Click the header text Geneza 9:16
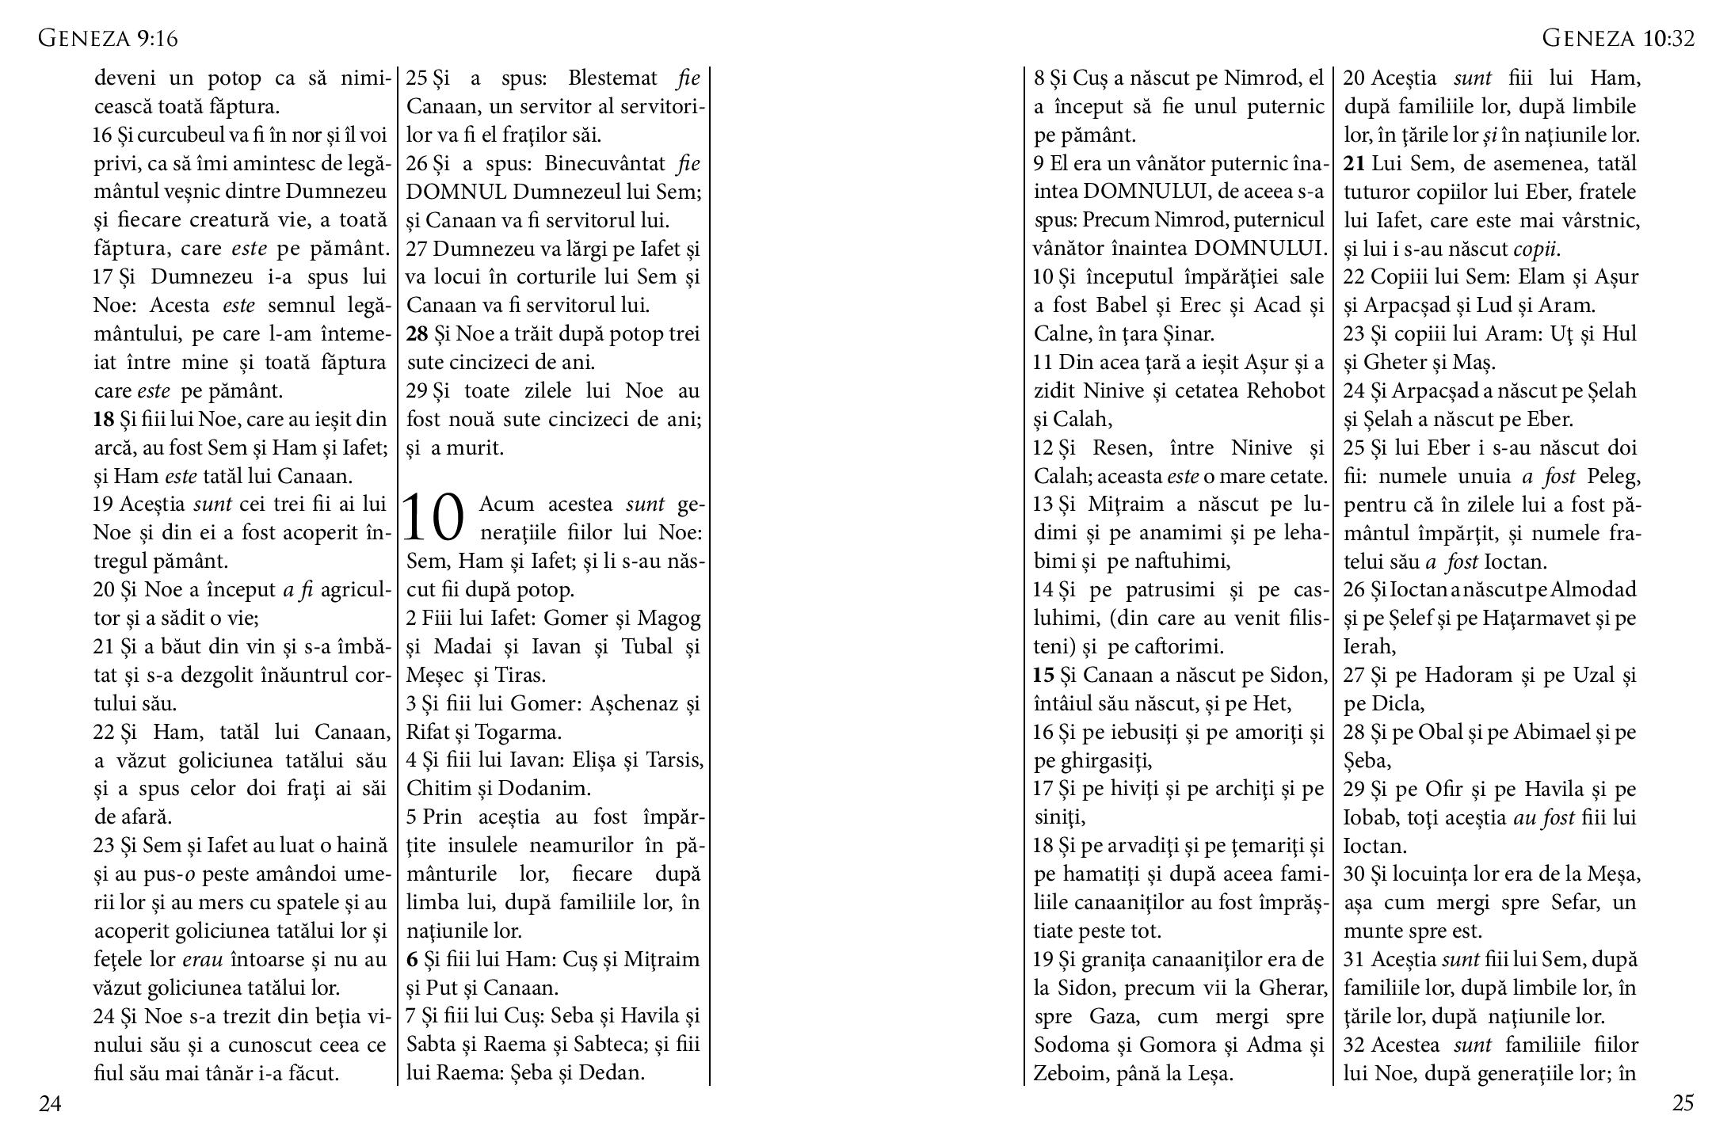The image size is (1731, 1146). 108,38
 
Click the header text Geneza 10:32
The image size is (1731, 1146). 1618,38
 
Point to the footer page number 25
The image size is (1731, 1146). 1683,1103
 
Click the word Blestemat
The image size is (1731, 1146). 612,78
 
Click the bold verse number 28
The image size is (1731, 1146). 417,334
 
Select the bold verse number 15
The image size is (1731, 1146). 1043,675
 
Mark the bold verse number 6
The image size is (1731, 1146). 412,959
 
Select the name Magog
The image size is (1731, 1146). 669,619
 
